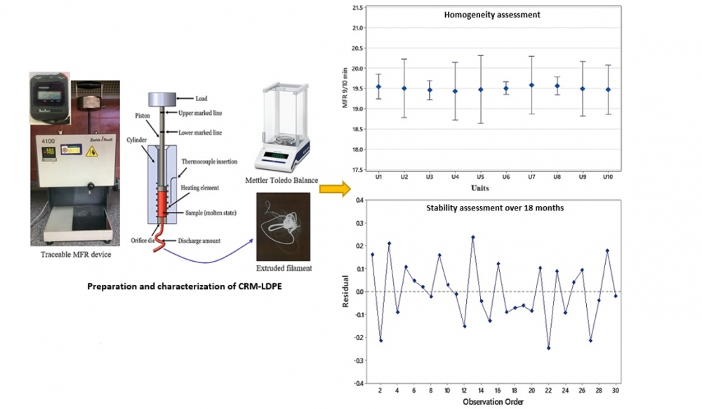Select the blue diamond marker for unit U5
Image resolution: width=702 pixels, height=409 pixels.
481,89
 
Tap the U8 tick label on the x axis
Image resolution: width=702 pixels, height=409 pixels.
557,179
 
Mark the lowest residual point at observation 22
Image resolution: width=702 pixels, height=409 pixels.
548,348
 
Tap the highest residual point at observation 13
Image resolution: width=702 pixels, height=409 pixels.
473,237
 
